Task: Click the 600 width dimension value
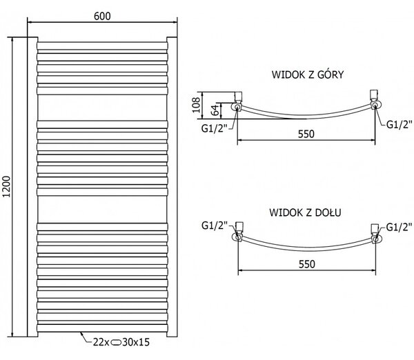[x=102, y=16]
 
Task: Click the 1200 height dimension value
[x=6, y=187]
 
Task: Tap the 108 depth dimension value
[x=196, y=105]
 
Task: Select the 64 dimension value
[x=215, y=110]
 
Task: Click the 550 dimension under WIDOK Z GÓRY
[x=306, y=134]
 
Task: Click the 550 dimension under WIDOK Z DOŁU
[x=307, y=264]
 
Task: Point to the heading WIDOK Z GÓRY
[x=308, y=74]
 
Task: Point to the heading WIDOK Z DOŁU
[x=305, y=212]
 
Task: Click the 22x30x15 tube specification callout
[x=121, y=342]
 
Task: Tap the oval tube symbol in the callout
[x=116, y=343]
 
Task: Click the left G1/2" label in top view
[x=215, y=128]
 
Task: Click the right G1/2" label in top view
[x=400, y=124]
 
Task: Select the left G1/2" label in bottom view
[x=215, y=226]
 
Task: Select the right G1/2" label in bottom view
[x=399, y=227]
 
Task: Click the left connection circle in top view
[x=237, y=107]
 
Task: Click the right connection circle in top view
[x=375, y=106]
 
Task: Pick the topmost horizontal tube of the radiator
[x=102, y=46]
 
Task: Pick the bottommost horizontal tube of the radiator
[x=102, y=328]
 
